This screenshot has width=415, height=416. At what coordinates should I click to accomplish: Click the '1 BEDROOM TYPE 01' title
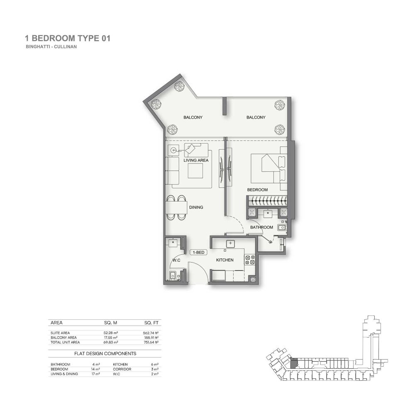tap(68, 39)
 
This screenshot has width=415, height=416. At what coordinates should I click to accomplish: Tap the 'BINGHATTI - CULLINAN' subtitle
tap(51, 47)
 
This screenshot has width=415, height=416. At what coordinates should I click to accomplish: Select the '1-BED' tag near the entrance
tap(199, 252)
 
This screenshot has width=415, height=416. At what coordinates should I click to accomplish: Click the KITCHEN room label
tap(225, 260)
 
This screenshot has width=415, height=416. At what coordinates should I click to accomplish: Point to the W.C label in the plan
tap(176, 260)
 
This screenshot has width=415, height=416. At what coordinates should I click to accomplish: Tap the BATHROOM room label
tap(261, 227)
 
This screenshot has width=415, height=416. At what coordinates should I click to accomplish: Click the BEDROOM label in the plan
tap(257, 190)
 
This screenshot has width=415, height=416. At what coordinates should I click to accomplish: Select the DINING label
tap(196, 207)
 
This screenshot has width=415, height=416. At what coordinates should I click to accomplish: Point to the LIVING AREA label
tap(196, 160)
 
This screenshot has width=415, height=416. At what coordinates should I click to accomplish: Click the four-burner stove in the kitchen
tap(250, 260)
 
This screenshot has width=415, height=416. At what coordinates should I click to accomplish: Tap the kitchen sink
tap(230, 243)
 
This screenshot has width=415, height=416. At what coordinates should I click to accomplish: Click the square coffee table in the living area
tap(195, 170)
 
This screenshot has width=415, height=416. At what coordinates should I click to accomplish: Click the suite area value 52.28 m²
tap(111, 333)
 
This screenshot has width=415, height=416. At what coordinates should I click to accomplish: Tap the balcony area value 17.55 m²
tap(111, 338)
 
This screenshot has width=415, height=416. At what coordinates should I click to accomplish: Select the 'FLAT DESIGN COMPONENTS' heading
tap(105, 353)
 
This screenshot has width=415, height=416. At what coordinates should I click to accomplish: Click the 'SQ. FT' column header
tap(151, 323)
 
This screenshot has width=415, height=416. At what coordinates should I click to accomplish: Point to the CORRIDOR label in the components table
tap(122, 369)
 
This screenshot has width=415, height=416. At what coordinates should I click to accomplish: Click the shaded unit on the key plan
tap(294, 362)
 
